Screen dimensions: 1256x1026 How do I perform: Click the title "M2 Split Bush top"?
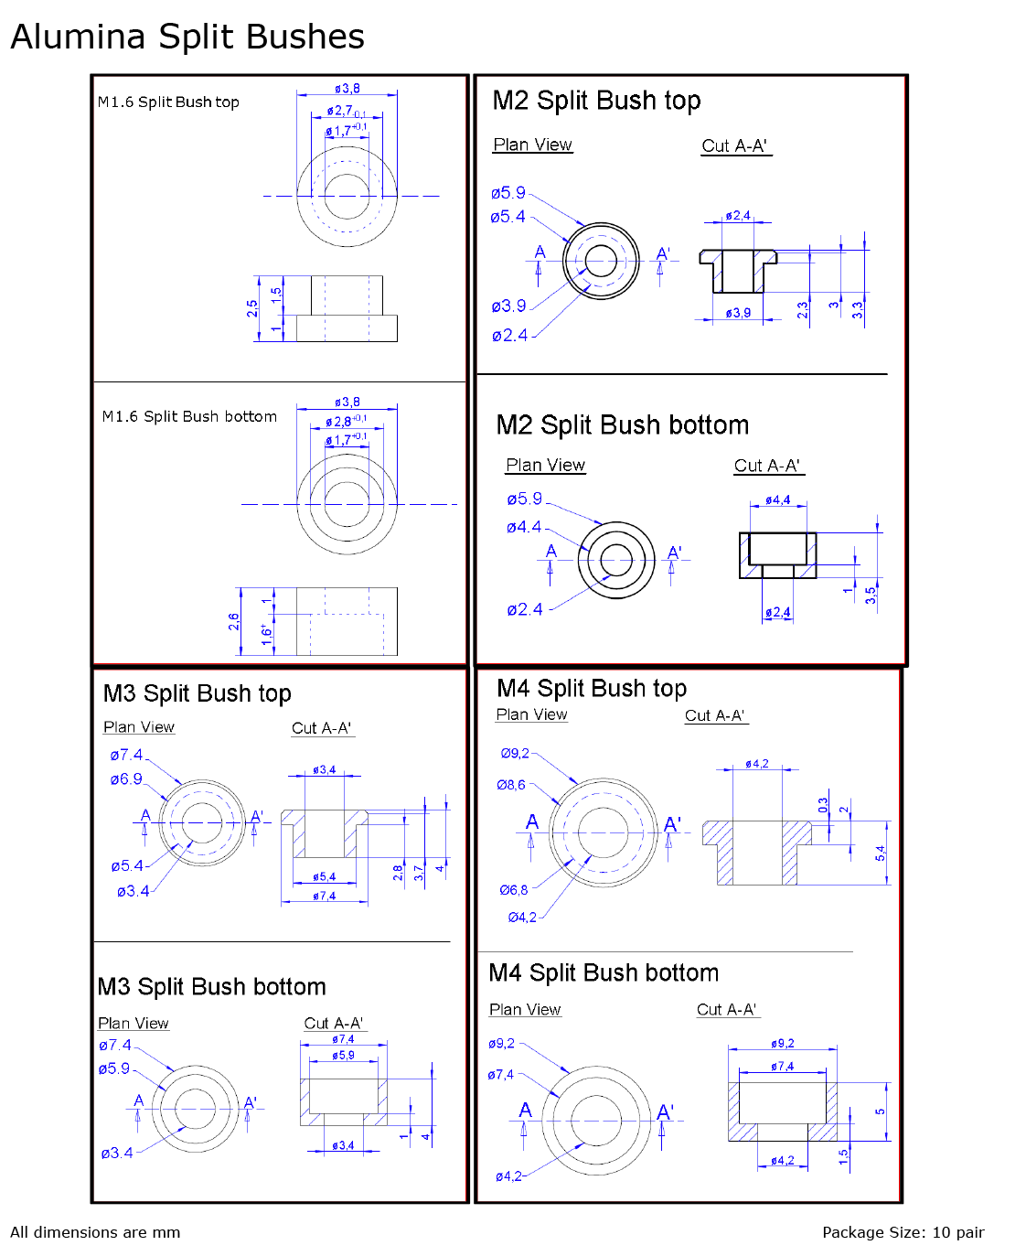tap(596, 101)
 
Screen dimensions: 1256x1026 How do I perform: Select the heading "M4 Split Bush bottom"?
tap(604, 972)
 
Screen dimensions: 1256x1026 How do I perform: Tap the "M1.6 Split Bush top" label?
tap(168, 102)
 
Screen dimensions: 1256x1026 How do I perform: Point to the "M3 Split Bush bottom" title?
tap(211, 987)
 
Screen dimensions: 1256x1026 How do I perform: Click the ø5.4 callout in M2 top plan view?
tap(508, 217)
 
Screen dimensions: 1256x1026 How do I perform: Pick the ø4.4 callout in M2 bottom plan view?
tap(524, 527)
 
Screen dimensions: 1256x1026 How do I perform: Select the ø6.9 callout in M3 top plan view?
tap(126, 779)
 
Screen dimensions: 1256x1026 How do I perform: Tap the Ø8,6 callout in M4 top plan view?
tap(511, 785)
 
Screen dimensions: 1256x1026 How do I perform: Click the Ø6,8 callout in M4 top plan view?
tap(513, 890)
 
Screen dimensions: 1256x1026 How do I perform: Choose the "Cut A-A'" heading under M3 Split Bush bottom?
tap(334, 1024)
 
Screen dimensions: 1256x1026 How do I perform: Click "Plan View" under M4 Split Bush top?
tap(531, 714)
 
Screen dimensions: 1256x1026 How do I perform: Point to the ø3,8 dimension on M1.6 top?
tap(347, 89)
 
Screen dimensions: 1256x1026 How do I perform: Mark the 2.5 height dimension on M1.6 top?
tap(252, 309)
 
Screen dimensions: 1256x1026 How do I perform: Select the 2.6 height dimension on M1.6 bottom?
tap(234, 622)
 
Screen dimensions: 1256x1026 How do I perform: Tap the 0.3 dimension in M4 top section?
tap(823, 805)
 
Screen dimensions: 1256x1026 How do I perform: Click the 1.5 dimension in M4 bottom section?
tap(843, 1155)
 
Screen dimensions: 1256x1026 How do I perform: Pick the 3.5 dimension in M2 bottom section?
tap(871, 596)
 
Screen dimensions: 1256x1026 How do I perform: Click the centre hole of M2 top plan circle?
tap(601, 261)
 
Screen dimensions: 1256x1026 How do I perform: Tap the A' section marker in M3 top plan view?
tap(257, 815)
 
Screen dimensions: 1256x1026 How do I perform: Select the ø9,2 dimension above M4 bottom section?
tap(782, 1044)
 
